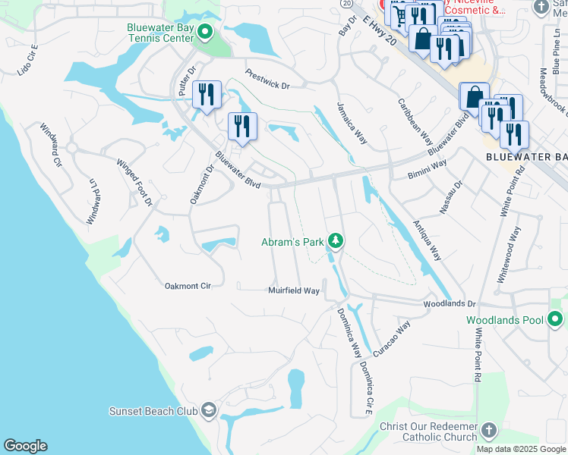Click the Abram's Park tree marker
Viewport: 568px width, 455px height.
(335, 242)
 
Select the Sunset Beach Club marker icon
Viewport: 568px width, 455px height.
(209, 411)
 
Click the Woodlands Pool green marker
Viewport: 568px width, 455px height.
(555, 320)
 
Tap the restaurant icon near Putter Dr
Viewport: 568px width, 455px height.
(207, 96)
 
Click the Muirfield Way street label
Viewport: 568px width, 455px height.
(293, 290)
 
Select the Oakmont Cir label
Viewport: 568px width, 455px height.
(187, 286)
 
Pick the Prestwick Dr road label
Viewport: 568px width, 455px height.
(267, 80)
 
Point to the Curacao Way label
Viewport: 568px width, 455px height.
(392, 336)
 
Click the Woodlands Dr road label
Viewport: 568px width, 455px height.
(449, 303)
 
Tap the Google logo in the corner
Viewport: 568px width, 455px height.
(25, 446)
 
